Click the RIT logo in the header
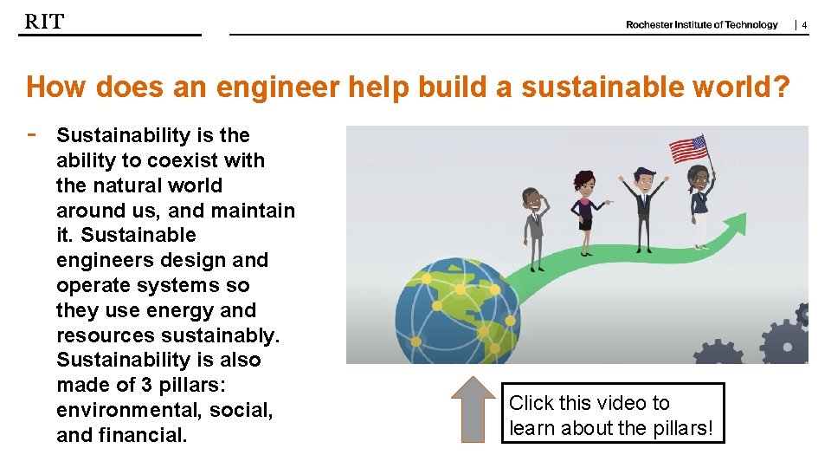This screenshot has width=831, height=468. [x=44, y=22]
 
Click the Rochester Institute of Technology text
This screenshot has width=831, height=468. [x=701, y=25]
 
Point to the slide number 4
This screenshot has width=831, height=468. [x=804, y=25]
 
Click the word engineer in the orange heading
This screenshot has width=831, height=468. [x=262, y=87]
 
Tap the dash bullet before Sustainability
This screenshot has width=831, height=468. [x=31, y=134]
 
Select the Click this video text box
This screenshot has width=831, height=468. [x=613, y=414]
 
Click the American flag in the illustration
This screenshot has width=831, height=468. [x=689, y=149]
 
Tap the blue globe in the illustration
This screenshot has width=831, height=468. [x=457, y=308]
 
